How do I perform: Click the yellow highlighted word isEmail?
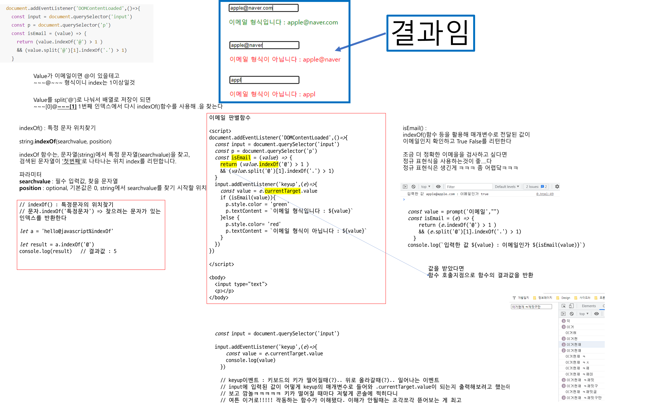[241, 157]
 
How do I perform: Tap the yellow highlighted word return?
[228, 164]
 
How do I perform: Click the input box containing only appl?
[264, 80]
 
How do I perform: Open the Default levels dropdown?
[507, 187]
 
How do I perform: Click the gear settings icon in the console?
[557, 187]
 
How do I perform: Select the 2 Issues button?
[536, 187]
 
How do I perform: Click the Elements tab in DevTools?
[588, 306]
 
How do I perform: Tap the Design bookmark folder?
[565, 298]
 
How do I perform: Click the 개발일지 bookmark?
[523, 298]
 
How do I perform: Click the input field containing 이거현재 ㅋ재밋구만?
[531, 307]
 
